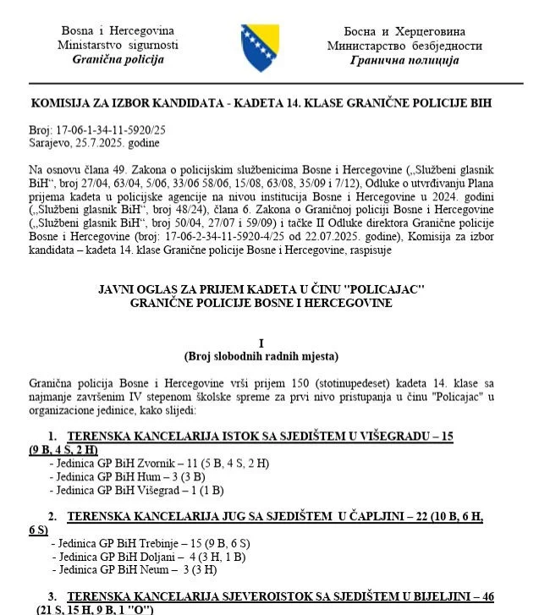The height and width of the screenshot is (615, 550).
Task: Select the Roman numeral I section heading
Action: tap(261, 343)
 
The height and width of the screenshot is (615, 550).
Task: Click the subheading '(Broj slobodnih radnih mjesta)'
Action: tap(261, 355)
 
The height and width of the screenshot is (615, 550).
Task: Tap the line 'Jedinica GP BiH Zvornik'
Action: tap(111, 464)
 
